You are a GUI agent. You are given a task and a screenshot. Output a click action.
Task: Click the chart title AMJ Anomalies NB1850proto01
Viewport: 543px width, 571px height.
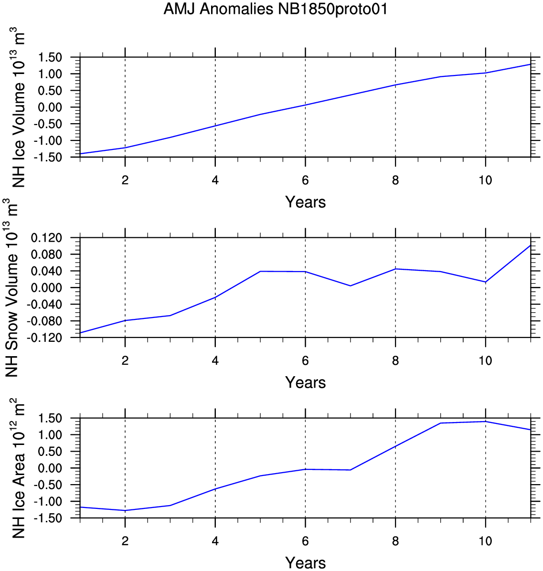tap(276, 9)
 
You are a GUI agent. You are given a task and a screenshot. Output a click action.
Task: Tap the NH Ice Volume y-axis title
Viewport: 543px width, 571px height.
tap(18, 108)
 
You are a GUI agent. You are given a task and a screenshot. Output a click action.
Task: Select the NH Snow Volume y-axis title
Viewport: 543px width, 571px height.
tap(11, 288)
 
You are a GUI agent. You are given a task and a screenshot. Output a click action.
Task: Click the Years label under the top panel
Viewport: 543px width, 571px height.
tap(305, 202)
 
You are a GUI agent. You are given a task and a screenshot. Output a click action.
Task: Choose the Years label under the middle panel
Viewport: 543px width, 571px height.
tap(305, 383)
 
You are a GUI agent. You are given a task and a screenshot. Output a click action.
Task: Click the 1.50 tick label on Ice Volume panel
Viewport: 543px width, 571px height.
tap(50, 57)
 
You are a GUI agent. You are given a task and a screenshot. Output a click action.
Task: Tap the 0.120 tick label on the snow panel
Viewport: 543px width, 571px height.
tap(47, 238)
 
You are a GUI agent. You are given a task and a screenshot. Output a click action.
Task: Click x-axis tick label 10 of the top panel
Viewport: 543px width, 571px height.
tap(486, 180)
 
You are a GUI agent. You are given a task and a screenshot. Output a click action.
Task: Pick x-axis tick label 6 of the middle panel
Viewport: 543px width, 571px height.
tap(305, 361)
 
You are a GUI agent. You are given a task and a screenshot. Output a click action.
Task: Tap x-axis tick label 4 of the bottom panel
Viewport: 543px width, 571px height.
tap(215, 541)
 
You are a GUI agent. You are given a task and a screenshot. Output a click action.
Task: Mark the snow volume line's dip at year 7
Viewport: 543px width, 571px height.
tap(351, 286)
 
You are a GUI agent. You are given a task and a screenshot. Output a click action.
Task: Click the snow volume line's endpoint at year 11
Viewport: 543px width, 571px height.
tap(530, 245)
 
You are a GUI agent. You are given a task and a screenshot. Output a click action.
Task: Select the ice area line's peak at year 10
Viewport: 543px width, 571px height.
tap(486, 422)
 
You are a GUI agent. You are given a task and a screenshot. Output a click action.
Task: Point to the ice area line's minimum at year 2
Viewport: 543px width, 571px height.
tap(125, 510)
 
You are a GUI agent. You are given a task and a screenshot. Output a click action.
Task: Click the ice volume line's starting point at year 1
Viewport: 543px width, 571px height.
tap(81, 154)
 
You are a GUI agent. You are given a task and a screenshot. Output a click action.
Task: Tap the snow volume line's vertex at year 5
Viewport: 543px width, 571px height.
tap(260, 271)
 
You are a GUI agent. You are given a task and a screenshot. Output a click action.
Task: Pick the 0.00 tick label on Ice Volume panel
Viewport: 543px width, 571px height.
tap(50, 107)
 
